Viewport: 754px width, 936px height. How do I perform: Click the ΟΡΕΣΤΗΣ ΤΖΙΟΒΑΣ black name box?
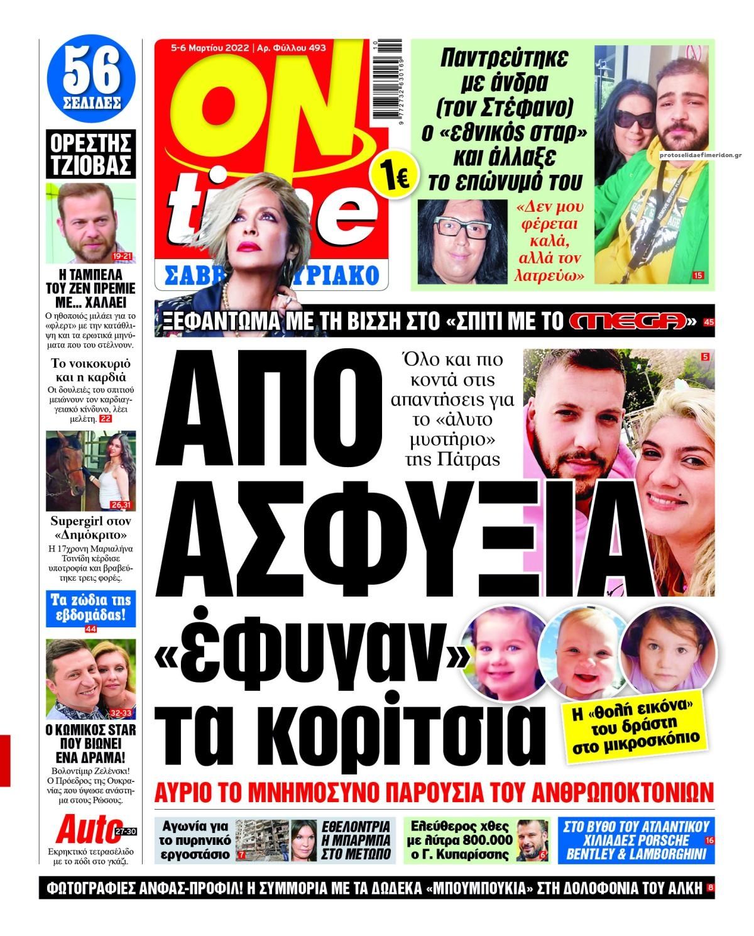click(91, 153)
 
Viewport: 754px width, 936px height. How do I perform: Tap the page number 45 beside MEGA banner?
click(709, 322)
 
